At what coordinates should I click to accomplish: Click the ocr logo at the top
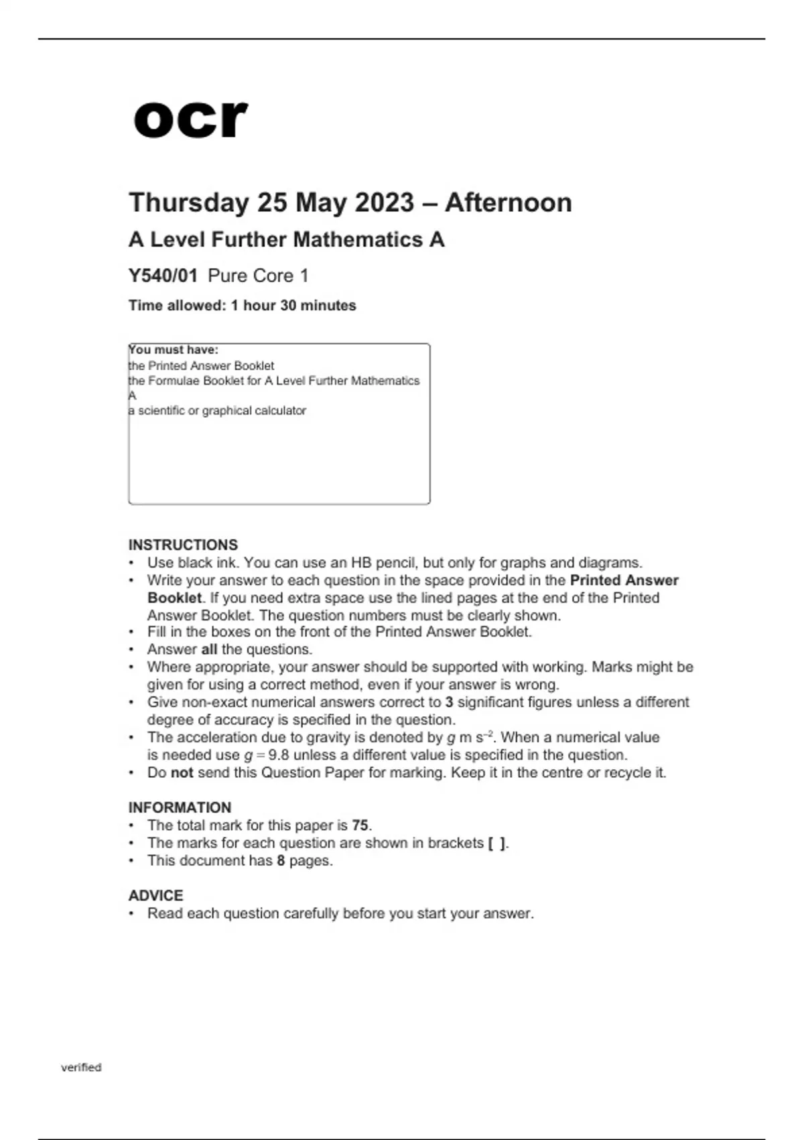pyautogui.click(x=190, y=119)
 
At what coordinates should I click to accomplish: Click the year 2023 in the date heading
pyautogui.click(x=384, y=203)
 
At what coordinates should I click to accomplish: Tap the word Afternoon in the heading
pyautogui.click(x=508, y=203)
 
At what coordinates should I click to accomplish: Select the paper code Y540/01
pyautogui.click(x=163, y=276)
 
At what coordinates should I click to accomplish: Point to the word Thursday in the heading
pyautogui.click(x=188, y=203)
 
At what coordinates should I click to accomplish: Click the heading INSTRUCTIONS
pyautogui.click(x=183, y=545)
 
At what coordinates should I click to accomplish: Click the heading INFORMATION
pyautogui.click(x=180, y=807)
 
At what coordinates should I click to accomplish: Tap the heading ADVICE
pyautogui.click(x=155, y=895)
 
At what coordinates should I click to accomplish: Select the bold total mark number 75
pyautogui.click(x=360, y=825)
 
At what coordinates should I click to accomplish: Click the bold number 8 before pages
pyautogui.click(x=281, y=860)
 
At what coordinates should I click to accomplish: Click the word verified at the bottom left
pyautogui.click(x=81, y=1067)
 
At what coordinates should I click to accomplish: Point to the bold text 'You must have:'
pyautogui.click(x=174, y=350)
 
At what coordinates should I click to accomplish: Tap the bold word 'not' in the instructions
pyautogui.click(x=182, y=773)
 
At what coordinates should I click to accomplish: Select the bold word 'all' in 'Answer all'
pyautogui.click(x=209, y=649)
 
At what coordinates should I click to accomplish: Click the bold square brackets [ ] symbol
pyautogui.click(x=496, y=843)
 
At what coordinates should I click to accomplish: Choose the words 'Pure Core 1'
pyautogui.click(x=258, y=276)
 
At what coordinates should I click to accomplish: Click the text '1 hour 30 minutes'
pyautogui.click(x=293, y=306)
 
